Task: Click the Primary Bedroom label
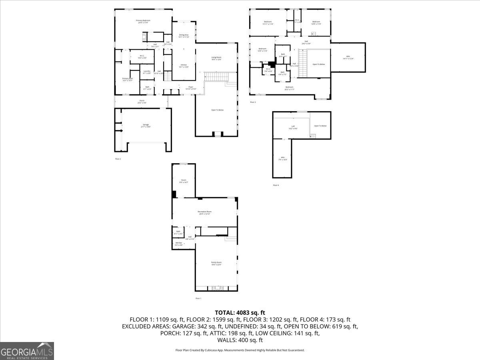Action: (143, 21)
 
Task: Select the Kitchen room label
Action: (183, 66)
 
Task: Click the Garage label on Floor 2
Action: (145, 125)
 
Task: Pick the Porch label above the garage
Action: (142, 101)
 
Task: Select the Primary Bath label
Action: (128, 79)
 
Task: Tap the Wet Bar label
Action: (179, 244)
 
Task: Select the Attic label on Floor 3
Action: (348, 58)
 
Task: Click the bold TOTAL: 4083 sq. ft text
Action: (240, 312)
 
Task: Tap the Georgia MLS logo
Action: (27, 351)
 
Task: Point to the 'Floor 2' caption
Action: (118, 159)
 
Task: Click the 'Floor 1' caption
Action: (198, 298)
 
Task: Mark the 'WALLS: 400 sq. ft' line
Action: (240, 340)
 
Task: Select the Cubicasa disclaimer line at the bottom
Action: (240, 350)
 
